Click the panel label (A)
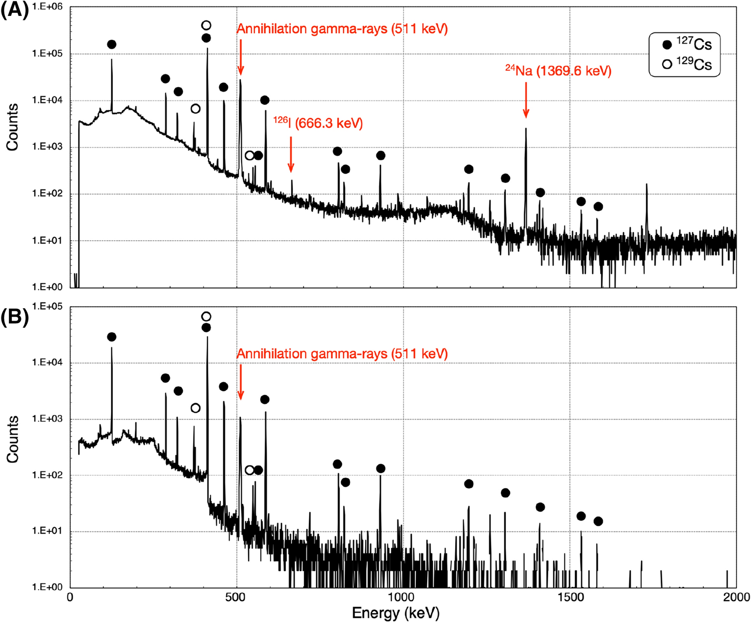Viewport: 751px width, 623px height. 14,10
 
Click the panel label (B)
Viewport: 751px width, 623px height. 14,317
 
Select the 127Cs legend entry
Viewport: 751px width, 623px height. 688,45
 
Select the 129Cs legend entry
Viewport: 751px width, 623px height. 688,65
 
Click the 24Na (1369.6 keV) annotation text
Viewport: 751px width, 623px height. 558,71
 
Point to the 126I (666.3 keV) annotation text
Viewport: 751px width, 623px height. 318,123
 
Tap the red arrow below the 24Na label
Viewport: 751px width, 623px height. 526,100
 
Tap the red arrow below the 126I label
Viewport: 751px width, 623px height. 291,154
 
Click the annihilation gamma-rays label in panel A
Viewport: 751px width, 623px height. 342,29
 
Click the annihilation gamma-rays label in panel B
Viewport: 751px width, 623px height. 342,354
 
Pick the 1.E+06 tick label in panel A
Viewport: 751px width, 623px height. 47,7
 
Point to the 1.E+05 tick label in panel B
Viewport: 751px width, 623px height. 47,306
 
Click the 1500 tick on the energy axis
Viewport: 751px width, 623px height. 569,597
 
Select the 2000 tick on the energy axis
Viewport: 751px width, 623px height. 736,597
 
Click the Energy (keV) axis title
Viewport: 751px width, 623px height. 395,613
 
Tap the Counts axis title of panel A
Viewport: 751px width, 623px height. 12,127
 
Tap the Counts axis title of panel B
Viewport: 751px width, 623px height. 12,439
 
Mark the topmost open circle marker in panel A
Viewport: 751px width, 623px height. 206,25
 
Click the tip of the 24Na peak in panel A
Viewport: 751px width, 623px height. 526,129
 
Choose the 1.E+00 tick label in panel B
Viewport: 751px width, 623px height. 47,587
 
